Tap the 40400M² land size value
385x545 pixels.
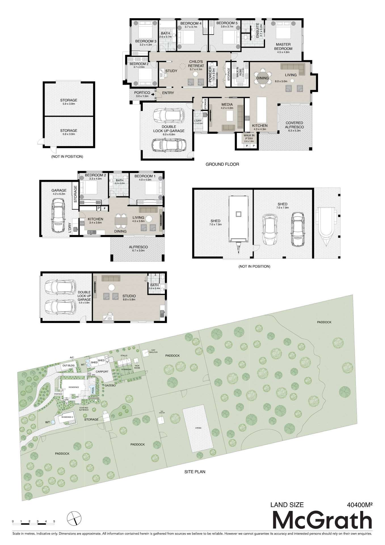(x=359, y=505)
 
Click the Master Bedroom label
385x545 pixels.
(x=283, y=47)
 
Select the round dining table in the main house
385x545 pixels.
(x=262, y=78)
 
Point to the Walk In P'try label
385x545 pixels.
(x=249, y=137)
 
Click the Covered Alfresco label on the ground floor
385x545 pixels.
(x=294, y=125)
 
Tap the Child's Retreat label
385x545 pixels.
(x=196, y=64)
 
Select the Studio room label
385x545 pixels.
(x=129, y=296)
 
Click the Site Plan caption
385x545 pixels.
(x=195, y=472)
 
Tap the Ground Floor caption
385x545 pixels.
(x=222, y=164)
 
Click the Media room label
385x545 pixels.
(x=227, y=104)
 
